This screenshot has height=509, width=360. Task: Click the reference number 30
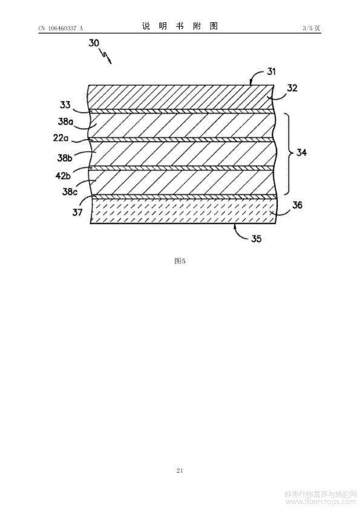(x=94, y=43)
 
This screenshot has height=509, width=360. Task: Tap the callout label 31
(x=271, y=71)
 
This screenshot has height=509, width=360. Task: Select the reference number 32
(x=292, y=88)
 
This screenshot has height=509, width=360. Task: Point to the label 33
(x=65, y=105)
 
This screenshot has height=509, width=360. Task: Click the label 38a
(x=65, y=122)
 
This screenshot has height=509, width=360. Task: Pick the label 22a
(x=61, y=138)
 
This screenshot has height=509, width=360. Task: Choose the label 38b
(x=65, y=158)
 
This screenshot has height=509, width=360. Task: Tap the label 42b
(x=63, y=176)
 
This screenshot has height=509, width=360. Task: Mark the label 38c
(x=70, y=192)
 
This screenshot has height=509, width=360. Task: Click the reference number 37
(x=77, y=213)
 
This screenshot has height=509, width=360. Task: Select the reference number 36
(x=297, y=205)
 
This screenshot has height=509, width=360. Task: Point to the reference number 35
(x=256, y=239)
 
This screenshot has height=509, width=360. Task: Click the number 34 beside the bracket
(x=301, y=152)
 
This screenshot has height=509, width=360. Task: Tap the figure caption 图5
(x=180, y=261)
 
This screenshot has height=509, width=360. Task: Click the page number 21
(x=180, y=470)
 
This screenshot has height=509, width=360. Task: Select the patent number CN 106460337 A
(x=61, y=28)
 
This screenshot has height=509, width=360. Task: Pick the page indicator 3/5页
(x=312, y=28)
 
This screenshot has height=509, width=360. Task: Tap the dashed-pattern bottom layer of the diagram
(x=183, y=211)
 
